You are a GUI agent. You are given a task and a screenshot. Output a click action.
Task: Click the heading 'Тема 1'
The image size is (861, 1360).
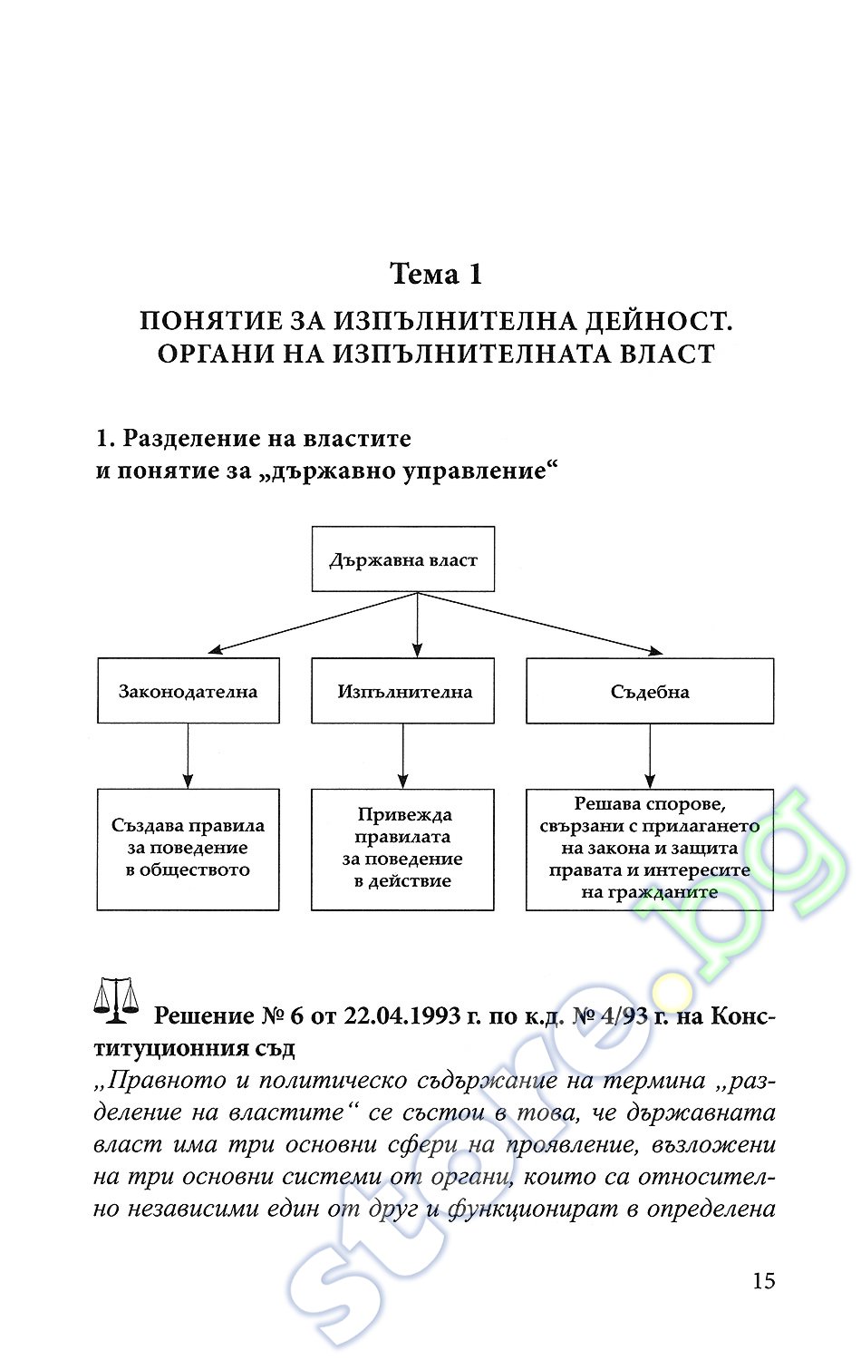pos(436,274)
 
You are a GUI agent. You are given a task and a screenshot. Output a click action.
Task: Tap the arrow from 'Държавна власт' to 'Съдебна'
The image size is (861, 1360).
pos(540,623)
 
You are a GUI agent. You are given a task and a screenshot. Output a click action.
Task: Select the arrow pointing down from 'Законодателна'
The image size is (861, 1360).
pos(189,756)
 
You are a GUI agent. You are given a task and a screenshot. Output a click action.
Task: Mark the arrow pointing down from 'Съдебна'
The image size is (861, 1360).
pos(650,756)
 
